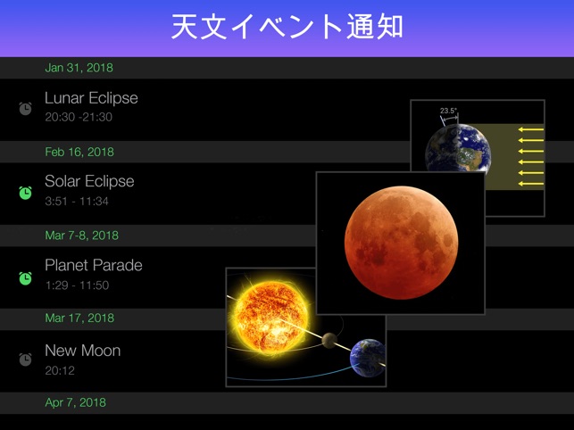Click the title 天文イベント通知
pyautogui.click(x=287, y=26)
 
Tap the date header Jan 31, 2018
pyautogui.click(x=79, y=68)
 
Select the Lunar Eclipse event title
pyautogui.click(x=91, y=98)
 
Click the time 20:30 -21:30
pyautogui.click(x=79, y=117)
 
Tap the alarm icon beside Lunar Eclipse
pyautogui.click(x=26, y=108)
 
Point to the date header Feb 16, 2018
pyautogui.click(x=79, y=152)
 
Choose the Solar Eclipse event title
pyautogui.click(x=89, y=181)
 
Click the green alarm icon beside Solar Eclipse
pyautogui.click(x=26, y=192)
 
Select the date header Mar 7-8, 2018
pyautogui.click(x=81, y=236)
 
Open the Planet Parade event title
pyautogui.click(x=94, y=265)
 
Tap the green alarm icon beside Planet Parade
pyautogui.click(x=26, y=277)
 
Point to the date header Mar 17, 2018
pyautogui.click(x=79, y=318)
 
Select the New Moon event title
pyautogui.click(x=82, y=351)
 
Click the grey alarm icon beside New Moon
pyautogui.click(x=26, y=359)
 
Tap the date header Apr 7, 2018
pyautogui.click(x=75, y=402)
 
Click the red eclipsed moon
pyautogui.click(x=400, y=242)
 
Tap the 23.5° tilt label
pyautogui.click(x=448, y=112)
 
